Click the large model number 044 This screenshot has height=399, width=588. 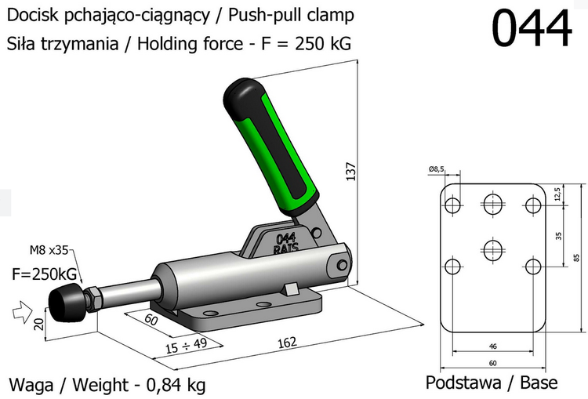point(532,29)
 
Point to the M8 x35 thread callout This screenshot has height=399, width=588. point(49,251)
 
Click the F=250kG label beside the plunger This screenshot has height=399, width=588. point(44,274)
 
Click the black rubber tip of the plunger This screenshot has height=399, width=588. point(64,302)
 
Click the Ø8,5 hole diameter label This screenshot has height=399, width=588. point(437,169)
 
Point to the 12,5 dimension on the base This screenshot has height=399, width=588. point(556,193)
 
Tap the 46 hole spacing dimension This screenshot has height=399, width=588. point(492,346)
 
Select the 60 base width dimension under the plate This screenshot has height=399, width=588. point(492,363)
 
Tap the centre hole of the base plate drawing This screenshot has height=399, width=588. point(493,251)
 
